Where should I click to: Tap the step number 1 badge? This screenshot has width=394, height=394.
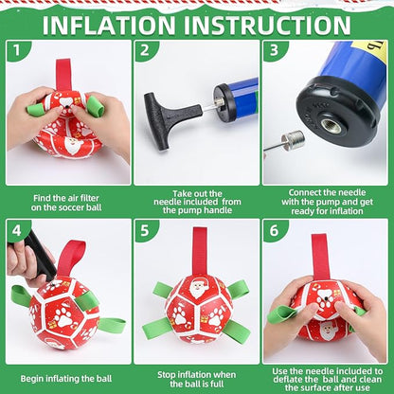pos(16,50)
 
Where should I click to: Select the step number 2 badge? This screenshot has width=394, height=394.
pos(144,50)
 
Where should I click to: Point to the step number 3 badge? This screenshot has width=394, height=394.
pos(273,50)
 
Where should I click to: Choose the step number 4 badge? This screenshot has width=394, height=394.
pos(16,230)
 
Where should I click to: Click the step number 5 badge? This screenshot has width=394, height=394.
pos(144,230)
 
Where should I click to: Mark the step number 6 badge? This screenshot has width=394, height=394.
pos(273,230)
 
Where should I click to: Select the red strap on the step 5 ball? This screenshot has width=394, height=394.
pos(199,251)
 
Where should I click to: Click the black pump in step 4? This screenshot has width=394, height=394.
pos(36,253)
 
